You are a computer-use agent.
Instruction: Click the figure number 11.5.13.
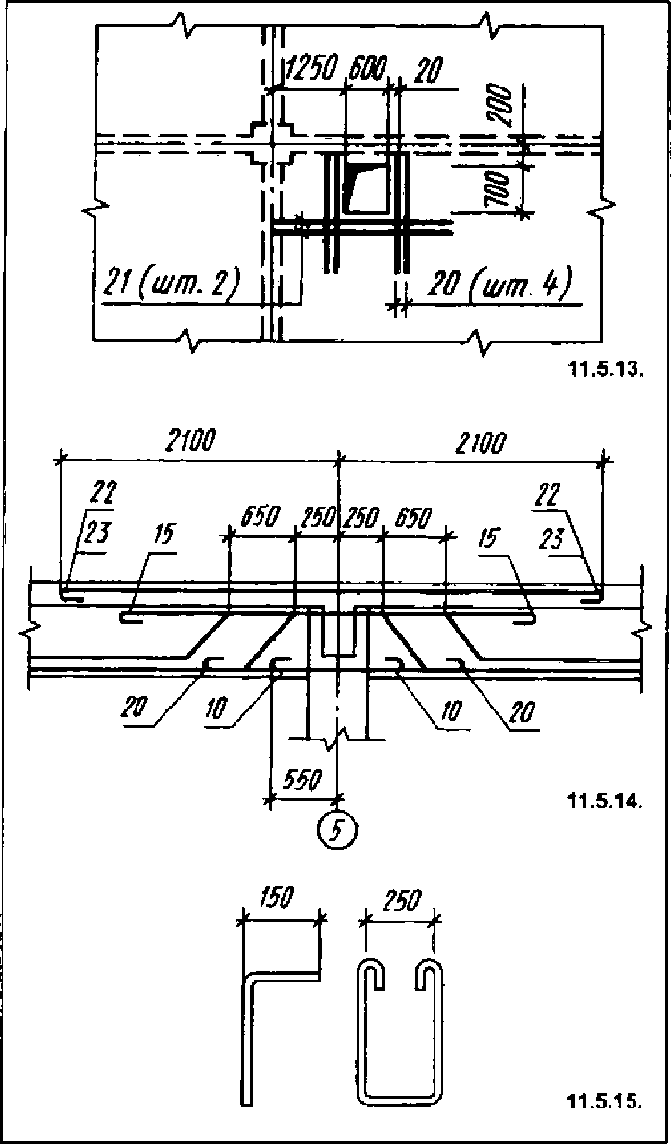pyautogui.click(x=604, y=368)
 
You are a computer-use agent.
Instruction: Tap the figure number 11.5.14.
pyautogui.click(x=604, y=799)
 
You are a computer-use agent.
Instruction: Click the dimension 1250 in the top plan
pyautogui.click(x=312, y=70)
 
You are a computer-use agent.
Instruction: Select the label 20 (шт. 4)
pyautogui.click(x=500, y=285)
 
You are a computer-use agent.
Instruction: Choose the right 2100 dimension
pyautogui.click(x=481, y=442)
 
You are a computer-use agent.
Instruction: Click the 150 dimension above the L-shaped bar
pyautogui.click(x=277, y=899)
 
